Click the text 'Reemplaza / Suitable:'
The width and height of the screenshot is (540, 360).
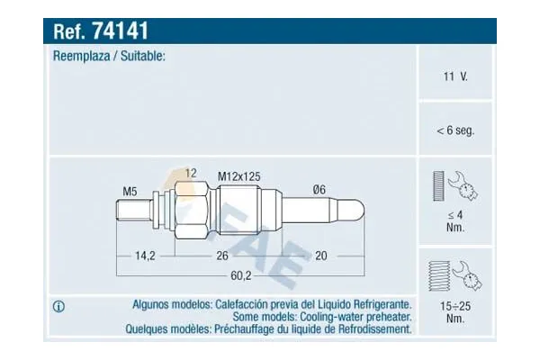pyautogui.click(x=109, y=57)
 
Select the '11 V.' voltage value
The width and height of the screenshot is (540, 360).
pyautogui.click(x=456, y=77)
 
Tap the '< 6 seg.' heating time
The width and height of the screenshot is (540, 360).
pyautogui.click(x=455, y=130)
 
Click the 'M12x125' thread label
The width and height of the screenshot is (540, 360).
pyautogui.click(x=239, y=178)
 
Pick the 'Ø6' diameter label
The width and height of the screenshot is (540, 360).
pyautogui.click(x=319, y=189)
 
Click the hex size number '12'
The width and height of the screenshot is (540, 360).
pyautogui.click(x=191, y=172)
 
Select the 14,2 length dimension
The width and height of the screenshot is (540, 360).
pyautogui.click(x=145, y=256)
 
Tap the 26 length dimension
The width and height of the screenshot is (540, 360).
pyautogui.click(x=220, y=256)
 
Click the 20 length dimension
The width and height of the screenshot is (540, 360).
pyautogui.click(x=320, y=256)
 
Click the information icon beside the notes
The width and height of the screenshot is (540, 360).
pyautogui.click(x=60, y=307)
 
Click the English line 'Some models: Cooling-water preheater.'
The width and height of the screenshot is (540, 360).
pyautogui.click(x=322, y=318)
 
